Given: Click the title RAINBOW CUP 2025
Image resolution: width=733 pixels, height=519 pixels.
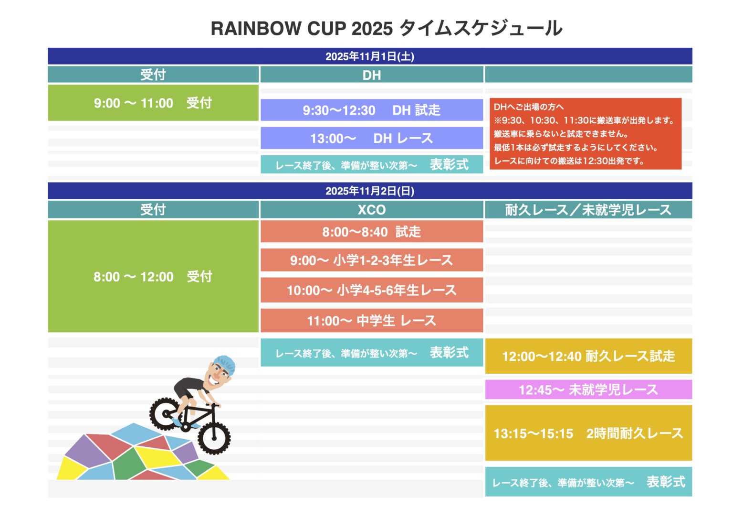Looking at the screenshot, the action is click(x=302, y=29).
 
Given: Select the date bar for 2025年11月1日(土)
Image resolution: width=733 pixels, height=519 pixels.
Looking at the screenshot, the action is click(x=370, y=56).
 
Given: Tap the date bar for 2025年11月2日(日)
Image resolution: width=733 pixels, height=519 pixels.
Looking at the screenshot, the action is click(x=370, y=191).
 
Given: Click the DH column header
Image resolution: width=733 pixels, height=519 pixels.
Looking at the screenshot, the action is click(x=372, y=75).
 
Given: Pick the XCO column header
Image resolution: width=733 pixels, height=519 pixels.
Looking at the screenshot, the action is click(x=372, y=210).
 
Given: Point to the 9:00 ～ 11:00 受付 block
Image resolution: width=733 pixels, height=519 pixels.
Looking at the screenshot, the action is click(x=153, y=103).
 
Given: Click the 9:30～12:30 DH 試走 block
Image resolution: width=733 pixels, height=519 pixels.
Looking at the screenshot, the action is click(x=372, y=110).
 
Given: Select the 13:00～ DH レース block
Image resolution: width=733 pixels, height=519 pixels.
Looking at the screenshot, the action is click(x=372, y=138).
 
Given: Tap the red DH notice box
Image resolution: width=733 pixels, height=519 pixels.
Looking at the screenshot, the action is click(x=586, y=134).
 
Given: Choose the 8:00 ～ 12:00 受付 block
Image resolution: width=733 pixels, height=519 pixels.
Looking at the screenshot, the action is click(x=153, y=276).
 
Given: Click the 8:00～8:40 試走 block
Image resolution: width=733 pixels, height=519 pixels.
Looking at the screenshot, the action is click(x=372, y=231).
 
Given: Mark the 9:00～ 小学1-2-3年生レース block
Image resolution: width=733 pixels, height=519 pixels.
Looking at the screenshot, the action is click(x=372, y=260).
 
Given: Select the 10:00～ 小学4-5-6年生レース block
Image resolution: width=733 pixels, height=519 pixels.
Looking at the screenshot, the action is click(x=372, y=290).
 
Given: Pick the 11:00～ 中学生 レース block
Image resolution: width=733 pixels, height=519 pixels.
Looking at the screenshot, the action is click(x=372, y=321).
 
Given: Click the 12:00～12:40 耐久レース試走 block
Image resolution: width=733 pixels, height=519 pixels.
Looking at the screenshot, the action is click(x=588, y=356).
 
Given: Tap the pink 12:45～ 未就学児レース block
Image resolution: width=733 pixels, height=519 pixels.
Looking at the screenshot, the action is click(x=588, y=389).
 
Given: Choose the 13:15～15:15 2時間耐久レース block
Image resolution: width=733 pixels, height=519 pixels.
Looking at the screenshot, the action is click(x=588, y=433).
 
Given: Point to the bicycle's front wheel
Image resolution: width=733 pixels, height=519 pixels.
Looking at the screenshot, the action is click(x=214, y=438).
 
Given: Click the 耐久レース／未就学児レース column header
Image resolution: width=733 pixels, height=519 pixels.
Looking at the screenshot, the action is click(x=588, y=210).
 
